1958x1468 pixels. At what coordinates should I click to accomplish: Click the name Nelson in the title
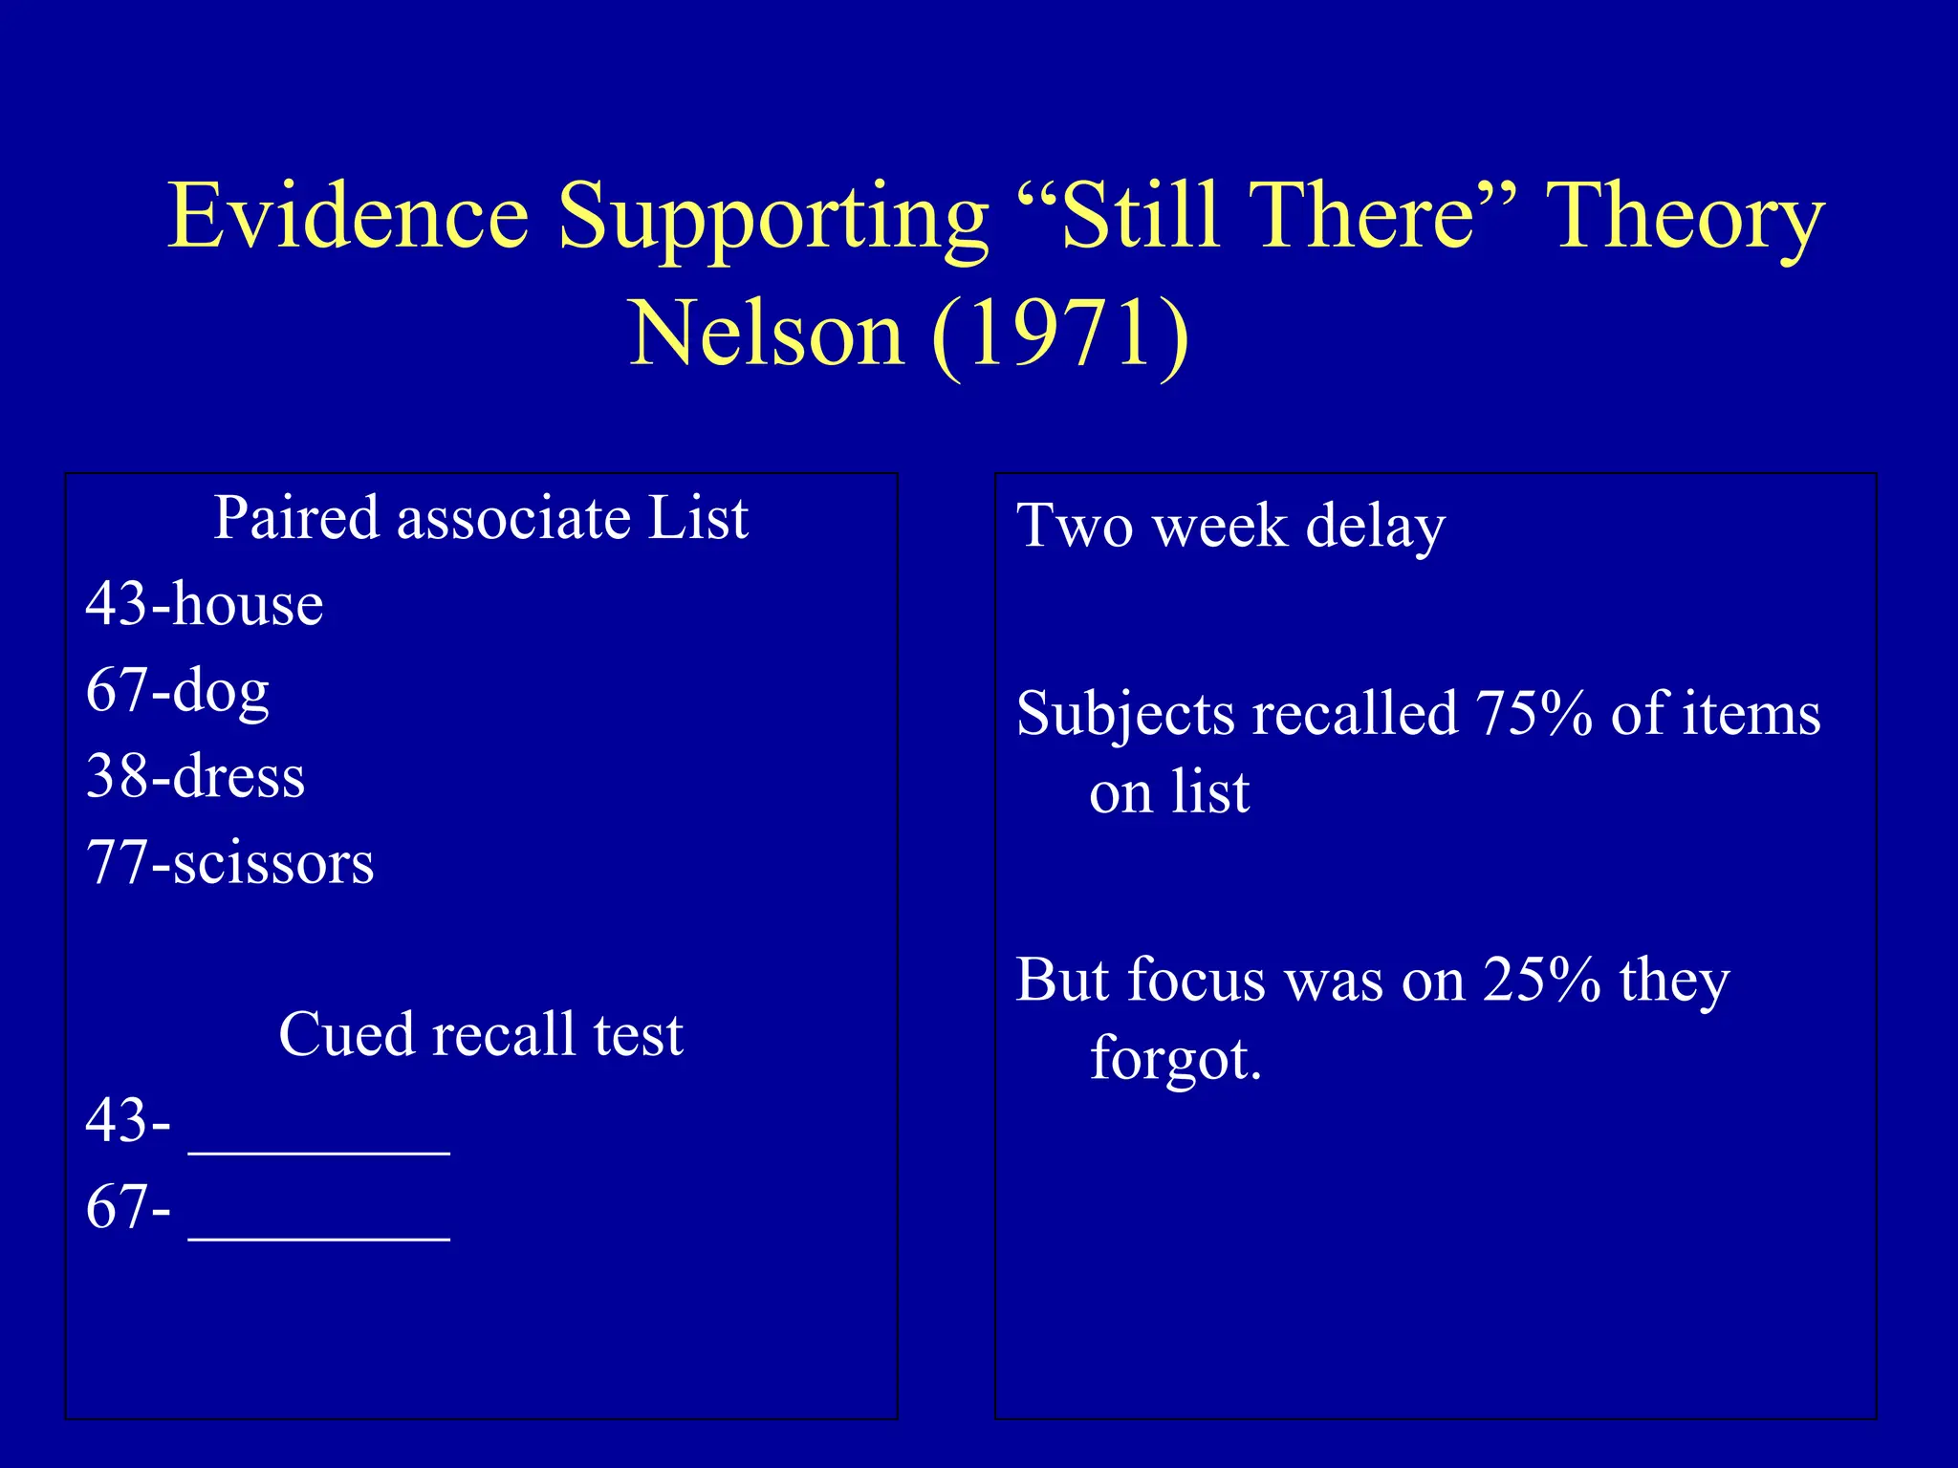[766, 335]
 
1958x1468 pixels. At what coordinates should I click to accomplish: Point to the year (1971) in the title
[1060, 335]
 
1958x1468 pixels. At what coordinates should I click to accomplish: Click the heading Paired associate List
[480, 519]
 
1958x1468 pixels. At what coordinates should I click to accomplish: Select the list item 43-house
[205, 604]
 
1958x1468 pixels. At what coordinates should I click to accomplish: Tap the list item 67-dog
[178, 690]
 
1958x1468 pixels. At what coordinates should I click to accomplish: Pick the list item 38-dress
[195, 776]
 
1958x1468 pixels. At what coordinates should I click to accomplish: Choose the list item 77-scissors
[229, 862]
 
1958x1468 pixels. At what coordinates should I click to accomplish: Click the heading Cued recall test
[480, 1034]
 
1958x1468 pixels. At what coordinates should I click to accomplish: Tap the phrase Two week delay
[1230, 528]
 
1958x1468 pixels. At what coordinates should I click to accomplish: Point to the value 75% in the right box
[1534, 714]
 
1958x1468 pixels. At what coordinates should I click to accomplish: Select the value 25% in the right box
[1541, 981]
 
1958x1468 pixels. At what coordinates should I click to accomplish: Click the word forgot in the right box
[1175, 1059]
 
